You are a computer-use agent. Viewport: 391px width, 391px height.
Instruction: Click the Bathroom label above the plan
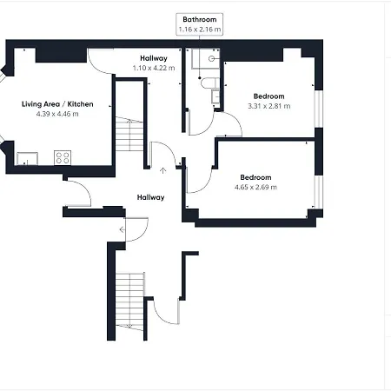coord(200,19)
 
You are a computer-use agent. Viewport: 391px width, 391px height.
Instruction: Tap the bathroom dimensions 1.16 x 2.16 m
coord(200,30)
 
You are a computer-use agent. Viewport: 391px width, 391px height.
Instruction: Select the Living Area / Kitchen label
coord(57,104)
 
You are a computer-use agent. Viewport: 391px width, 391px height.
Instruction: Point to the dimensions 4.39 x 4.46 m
coord(57,114)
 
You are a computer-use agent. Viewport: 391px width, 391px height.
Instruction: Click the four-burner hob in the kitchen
coord(63,158)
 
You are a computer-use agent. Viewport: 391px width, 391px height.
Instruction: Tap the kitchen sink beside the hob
coord(27,159)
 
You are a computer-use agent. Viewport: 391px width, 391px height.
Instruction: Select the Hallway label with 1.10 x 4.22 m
coord(154,58)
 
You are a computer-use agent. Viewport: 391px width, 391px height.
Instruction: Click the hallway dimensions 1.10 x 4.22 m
coord(154,68)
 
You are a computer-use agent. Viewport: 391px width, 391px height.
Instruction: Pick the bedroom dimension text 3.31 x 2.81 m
coord(268,106)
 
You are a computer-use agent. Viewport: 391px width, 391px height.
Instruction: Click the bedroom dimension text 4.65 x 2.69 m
coord(255,187)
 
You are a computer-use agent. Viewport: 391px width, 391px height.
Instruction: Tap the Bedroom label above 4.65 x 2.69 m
coord(255,177)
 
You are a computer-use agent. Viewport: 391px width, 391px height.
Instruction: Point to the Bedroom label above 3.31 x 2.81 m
coord(268,96)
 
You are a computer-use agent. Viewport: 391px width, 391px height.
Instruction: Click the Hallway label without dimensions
coord(150,197)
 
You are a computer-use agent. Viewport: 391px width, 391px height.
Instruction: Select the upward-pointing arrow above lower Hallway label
coord(163,170)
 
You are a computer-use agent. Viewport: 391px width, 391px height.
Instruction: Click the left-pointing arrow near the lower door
coord(123,229)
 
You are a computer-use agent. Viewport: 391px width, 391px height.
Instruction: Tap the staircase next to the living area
coord(129,134)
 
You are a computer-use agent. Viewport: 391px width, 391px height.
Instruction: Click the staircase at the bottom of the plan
coord(129,302)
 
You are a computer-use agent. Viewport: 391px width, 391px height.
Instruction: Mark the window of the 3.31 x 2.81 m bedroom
coord(319,109)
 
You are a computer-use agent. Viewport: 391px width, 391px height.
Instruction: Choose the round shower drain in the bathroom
coord(211,59)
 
